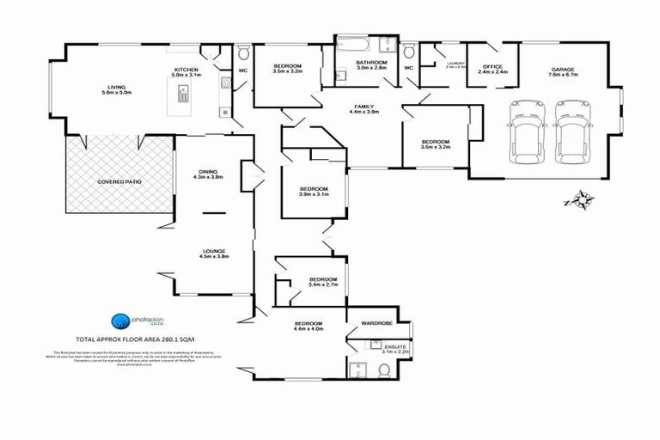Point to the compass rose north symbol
(582, 201)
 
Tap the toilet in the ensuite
(384, 370)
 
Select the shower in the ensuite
(357, 370)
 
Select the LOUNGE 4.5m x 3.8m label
(212, 254)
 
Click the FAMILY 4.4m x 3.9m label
(364, 109)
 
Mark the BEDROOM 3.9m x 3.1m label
(314, 192)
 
